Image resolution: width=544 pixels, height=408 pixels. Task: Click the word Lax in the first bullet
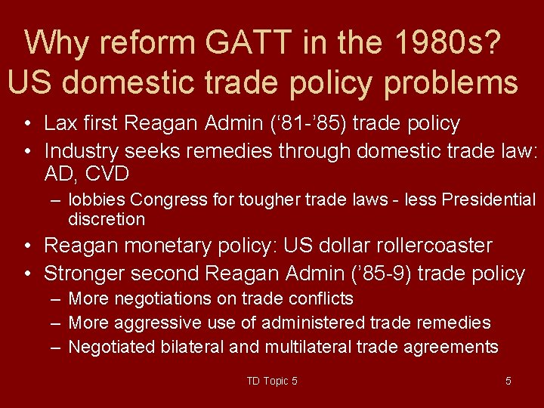point(60,123)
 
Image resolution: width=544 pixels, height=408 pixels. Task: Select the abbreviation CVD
point(107,175)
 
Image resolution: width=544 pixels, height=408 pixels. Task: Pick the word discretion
point(107,219)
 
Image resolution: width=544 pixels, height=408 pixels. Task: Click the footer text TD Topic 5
point(272,381)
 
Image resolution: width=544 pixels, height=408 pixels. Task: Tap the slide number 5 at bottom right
point(508,381)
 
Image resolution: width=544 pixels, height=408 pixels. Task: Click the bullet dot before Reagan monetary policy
point(26,246)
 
